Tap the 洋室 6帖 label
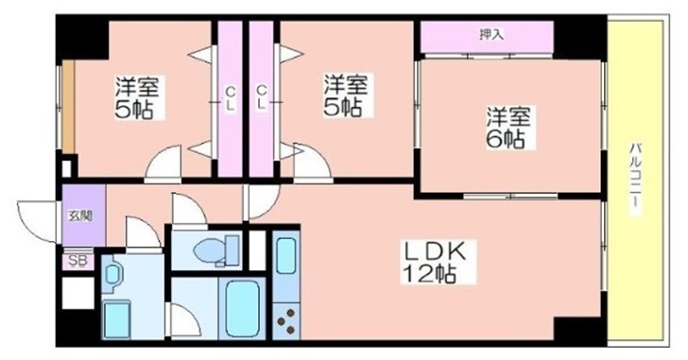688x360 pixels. [x=507, y=128]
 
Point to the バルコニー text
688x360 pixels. [x=635, y=180]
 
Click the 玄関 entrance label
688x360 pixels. [x=81, y=215]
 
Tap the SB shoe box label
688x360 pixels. [x=79, y=261]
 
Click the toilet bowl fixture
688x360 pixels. [x=215, y=251]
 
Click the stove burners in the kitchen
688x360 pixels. [x=285, y=321]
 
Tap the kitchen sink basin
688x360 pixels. [x=285, y=256]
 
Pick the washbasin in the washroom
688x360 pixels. [x=112, y=275]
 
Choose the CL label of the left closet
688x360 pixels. [x=231, y=98]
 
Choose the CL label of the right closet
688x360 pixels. [x=261, y=98]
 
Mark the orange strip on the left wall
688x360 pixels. [x=68, y=107]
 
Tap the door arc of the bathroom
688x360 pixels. [x=185, y=322]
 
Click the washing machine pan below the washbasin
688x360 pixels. [x=117, y=319]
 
